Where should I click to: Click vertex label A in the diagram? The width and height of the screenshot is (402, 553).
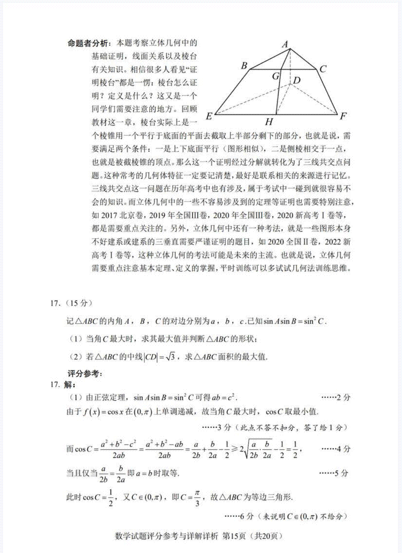[x=285, y=44]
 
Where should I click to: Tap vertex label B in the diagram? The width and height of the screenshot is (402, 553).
[x=244, y=66]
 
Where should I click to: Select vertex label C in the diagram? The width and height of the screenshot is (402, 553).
[x=323, y=69]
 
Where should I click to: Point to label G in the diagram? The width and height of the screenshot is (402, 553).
[x=275, y=76]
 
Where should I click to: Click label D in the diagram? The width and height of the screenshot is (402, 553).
[x=296, y=80]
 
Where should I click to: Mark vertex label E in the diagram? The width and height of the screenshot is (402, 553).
[x=209, y=116]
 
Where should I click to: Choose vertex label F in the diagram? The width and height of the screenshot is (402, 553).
[x=343, y=116]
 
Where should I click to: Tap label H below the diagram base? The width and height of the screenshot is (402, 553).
[x=269, y=122]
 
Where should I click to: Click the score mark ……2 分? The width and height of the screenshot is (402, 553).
[x=336, y=397]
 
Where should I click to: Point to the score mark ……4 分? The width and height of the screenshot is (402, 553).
[x=336, y=449]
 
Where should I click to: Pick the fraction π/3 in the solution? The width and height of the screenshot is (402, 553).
[x=197, y=498]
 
